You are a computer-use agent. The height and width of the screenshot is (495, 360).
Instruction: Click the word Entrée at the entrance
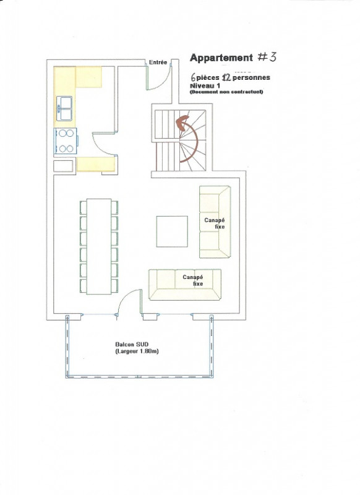pyautogui.click(x=158, y=62)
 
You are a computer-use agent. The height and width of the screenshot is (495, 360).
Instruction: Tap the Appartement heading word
pyautogui.click(x=221, y=58)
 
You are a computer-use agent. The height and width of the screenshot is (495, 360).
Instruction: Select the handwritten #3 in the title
pyautogui.click(x=267, y=57)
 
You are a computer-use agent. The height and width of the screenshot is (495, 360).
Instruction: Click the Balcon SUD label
pyautogui.click(x=132, y=345)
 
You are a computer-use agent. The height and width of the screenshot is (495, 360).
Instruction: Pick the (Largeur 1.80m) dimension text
pyautogui.click(x=137, y=351)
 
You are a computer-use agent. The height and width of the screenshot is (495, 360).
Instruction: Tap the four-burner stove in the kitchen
pyautogui.click(x=66, y=141)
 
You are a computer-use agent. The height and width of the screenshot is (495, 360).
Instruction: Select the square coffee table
pyautogui.click(x=172, y=231)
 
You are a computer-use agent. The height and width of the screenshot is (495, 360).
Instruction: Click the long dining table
pyautogui.click(x=99, y=246)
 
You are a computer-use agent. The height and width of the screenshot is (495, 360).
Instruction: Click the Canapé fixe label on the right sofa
pyautogui.click(x=215, y=223)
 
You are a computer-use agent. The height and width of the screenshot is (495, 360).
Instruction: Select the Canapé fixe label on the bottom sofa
pyautogui.click(x=193, y=280)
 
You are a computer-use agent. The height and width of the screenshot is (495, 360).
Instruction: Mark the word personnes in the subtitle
pyautogui.click(x=251, y=77)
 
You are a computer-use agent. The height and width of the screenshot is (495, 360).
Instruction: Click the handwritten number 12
pyautogui.click(x=226, y=77)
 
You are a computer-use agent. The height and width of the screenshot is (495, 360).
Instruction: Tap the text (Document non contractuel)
pyautogui.click(x=226, y=92)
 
